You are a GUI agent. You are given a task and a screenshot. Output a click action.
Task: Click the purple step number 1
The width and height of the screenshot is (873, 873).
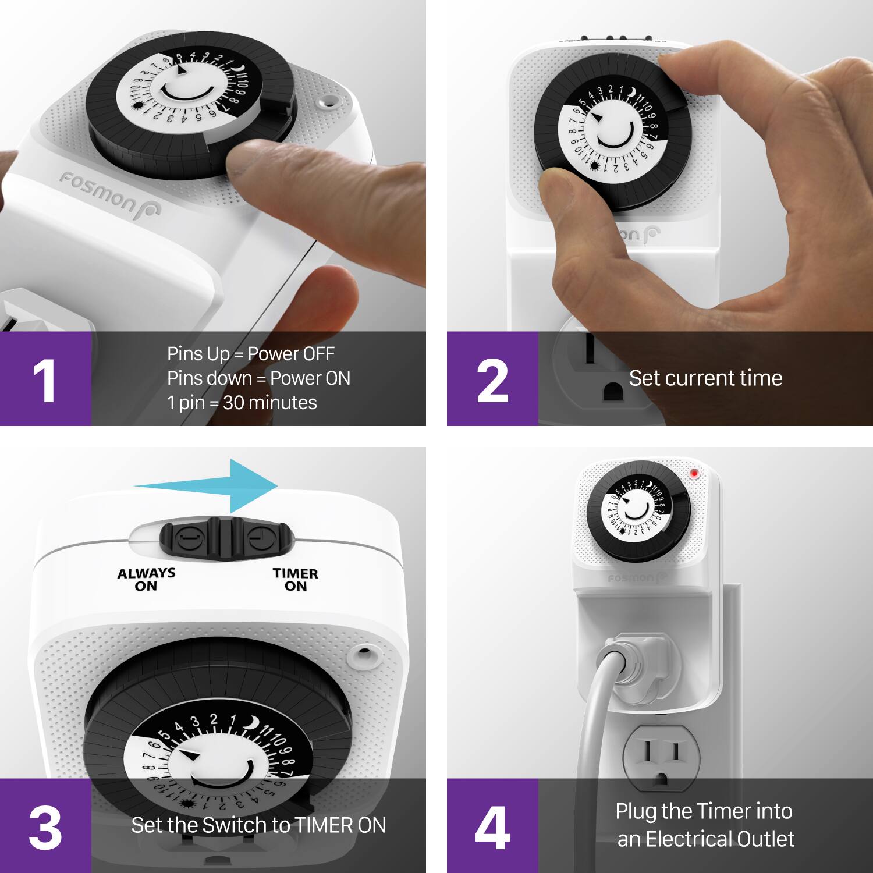click(x=45, y=380)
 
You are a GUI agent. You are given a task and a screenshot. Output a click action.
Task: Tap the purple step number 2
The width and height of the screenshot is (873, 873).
click(x=492, y=380)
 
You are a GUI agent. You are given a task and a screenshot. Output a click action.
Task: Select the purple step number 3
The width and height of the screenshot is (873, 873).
click(x=45, y=826)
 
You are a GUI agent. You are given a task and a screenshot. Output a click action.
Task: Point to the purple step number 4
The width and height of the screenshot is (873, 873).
click(x=492, y=826)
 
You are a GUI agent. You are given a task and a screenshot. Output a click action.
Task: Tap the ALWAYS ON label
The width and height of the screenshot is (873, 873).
click(x=146, y=579)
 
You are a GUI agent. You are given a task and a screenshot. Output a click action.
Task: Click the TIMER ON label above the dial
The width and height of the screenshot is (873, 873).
click(x=295, y=579)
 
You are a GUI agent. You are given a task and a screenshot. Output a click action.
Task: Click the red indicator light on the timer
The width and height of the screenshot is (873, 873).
click(x=694, y=473)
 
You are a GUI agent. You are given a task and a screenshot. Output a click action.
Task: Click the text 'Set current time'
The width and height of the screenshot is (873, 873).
click(x=705, y=378)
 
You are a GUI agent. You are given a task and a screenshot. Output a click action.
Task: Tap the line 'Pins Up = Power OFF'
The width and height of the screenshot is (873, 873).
click(x=250, y=353)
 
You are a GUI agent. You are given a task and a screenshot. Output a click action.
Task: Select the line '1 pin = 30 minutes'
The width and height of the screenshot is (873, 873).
click(x=242, y=403)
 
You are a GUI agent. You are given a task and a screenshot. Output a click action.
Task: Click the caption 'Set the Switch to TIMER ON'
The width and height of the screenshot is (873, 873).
click(x=258, y=825)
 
